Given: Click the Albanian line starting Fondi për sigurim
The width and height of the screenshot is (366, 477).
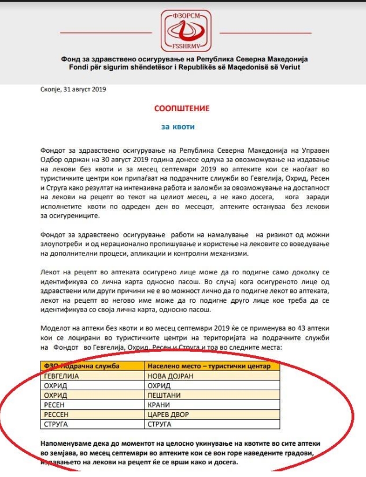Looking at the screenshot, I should [x=182, y=68].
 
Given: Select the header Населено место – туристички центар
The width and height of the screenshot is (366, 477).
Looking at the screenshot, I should [x=213, y=366].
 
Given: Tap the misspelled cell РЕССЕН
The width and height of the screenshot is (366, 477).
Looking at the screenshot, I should [x=58, y=414].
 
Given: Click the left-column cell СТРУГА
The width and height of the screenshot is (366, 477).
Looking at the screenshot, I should [x=57, y=424].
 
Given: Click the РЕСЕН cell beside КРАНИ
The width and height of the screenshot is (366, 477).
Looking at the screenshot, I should [x=56, y=405].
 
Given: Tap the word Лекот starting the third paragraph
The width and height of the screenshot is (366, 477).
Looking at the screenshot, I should [x=51, y=271].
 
